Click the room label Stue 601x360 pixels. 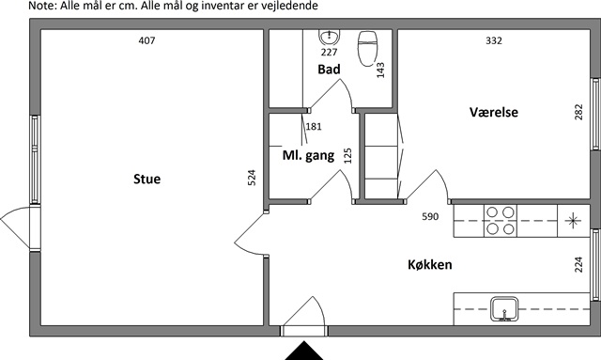(146, 179)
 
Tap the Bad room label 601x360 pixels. (329, 69)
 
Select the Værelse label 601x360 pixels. (494, 112)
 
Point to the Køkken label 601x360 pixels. (430, 264)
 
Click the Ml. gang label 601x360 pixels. (308, 155)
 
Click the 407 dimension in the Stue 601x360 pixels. (146, 40)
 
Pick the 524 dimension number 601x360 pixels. (252, 178)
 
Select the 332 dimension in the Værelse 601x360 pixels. (494, 40)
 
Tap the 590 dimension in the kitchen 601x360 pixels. (430, 216)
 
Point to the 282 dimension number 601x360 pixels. (578, 112)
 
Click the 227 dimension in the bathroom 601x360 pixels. (330, 52)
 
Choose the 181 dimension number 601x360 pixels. (314, 126)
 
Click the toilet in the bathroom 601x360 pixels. (368, 49)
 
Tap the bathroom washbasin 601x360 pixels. (330, 38)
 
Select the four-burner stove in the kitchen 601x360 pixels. (501, 221)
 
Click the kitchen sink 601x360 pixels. (504, 309)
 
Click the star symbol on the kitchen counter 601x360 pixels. (573, 220)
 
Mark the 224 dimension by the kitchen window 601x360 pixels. (578, 264)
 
